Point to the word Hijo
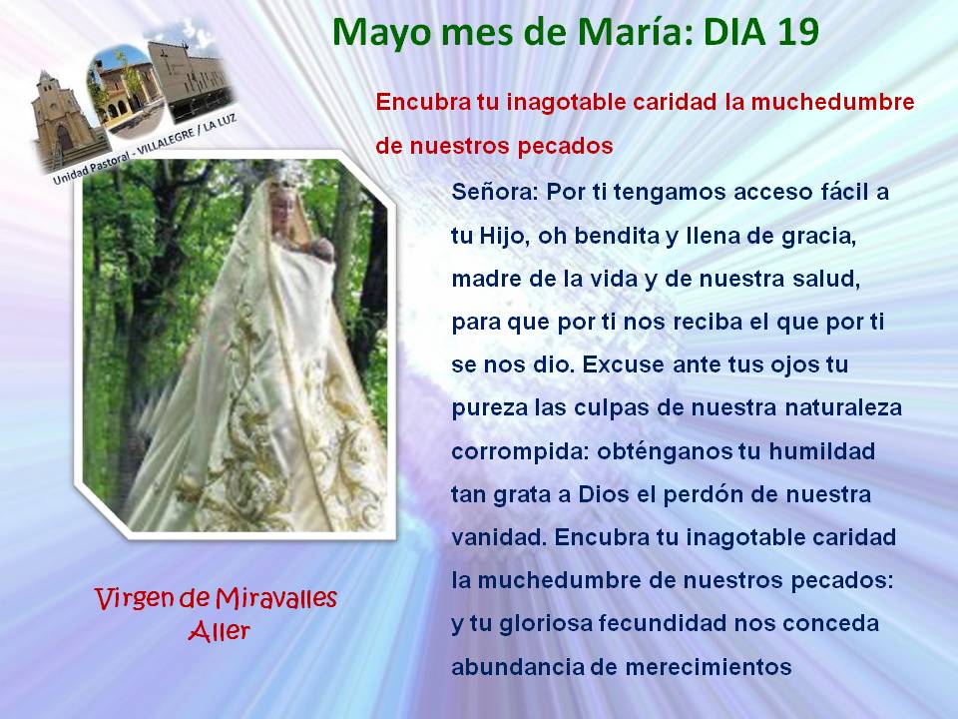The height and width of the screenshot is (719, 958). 503,237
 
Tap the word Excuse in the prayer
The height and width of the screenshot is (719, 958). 623,364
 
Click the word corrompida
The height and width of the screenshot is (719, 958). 521,452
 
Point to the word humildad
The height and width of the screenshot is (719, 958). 821,451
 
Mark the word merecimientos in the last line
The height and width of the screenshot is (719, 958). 709,667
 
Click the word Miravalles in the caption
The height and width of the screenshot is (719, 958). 276,599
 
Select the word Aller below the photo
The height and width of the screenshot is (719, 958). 219,631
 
